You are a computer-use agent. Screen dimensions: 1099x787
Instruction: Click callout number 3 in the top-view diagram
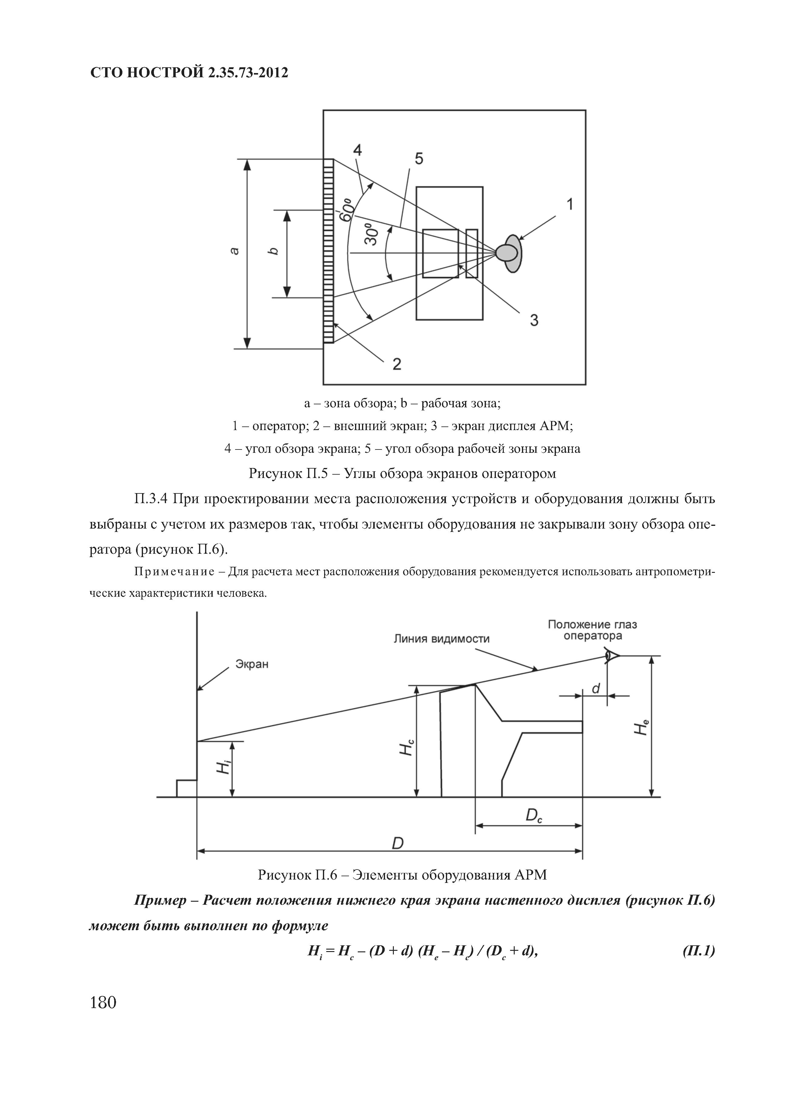click(534, 320)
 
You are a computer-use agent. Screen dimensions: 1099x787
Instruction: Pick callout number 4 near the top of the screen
click(357, 150)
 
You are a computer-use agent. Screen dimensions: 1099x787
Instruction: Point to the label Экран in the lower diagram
click(252, 664)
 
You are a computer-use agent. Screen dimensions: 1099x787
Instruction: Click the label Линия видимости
click(441, 639)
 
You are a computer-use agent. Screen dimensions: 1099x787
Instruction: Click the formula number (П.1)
click(698, 951)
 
